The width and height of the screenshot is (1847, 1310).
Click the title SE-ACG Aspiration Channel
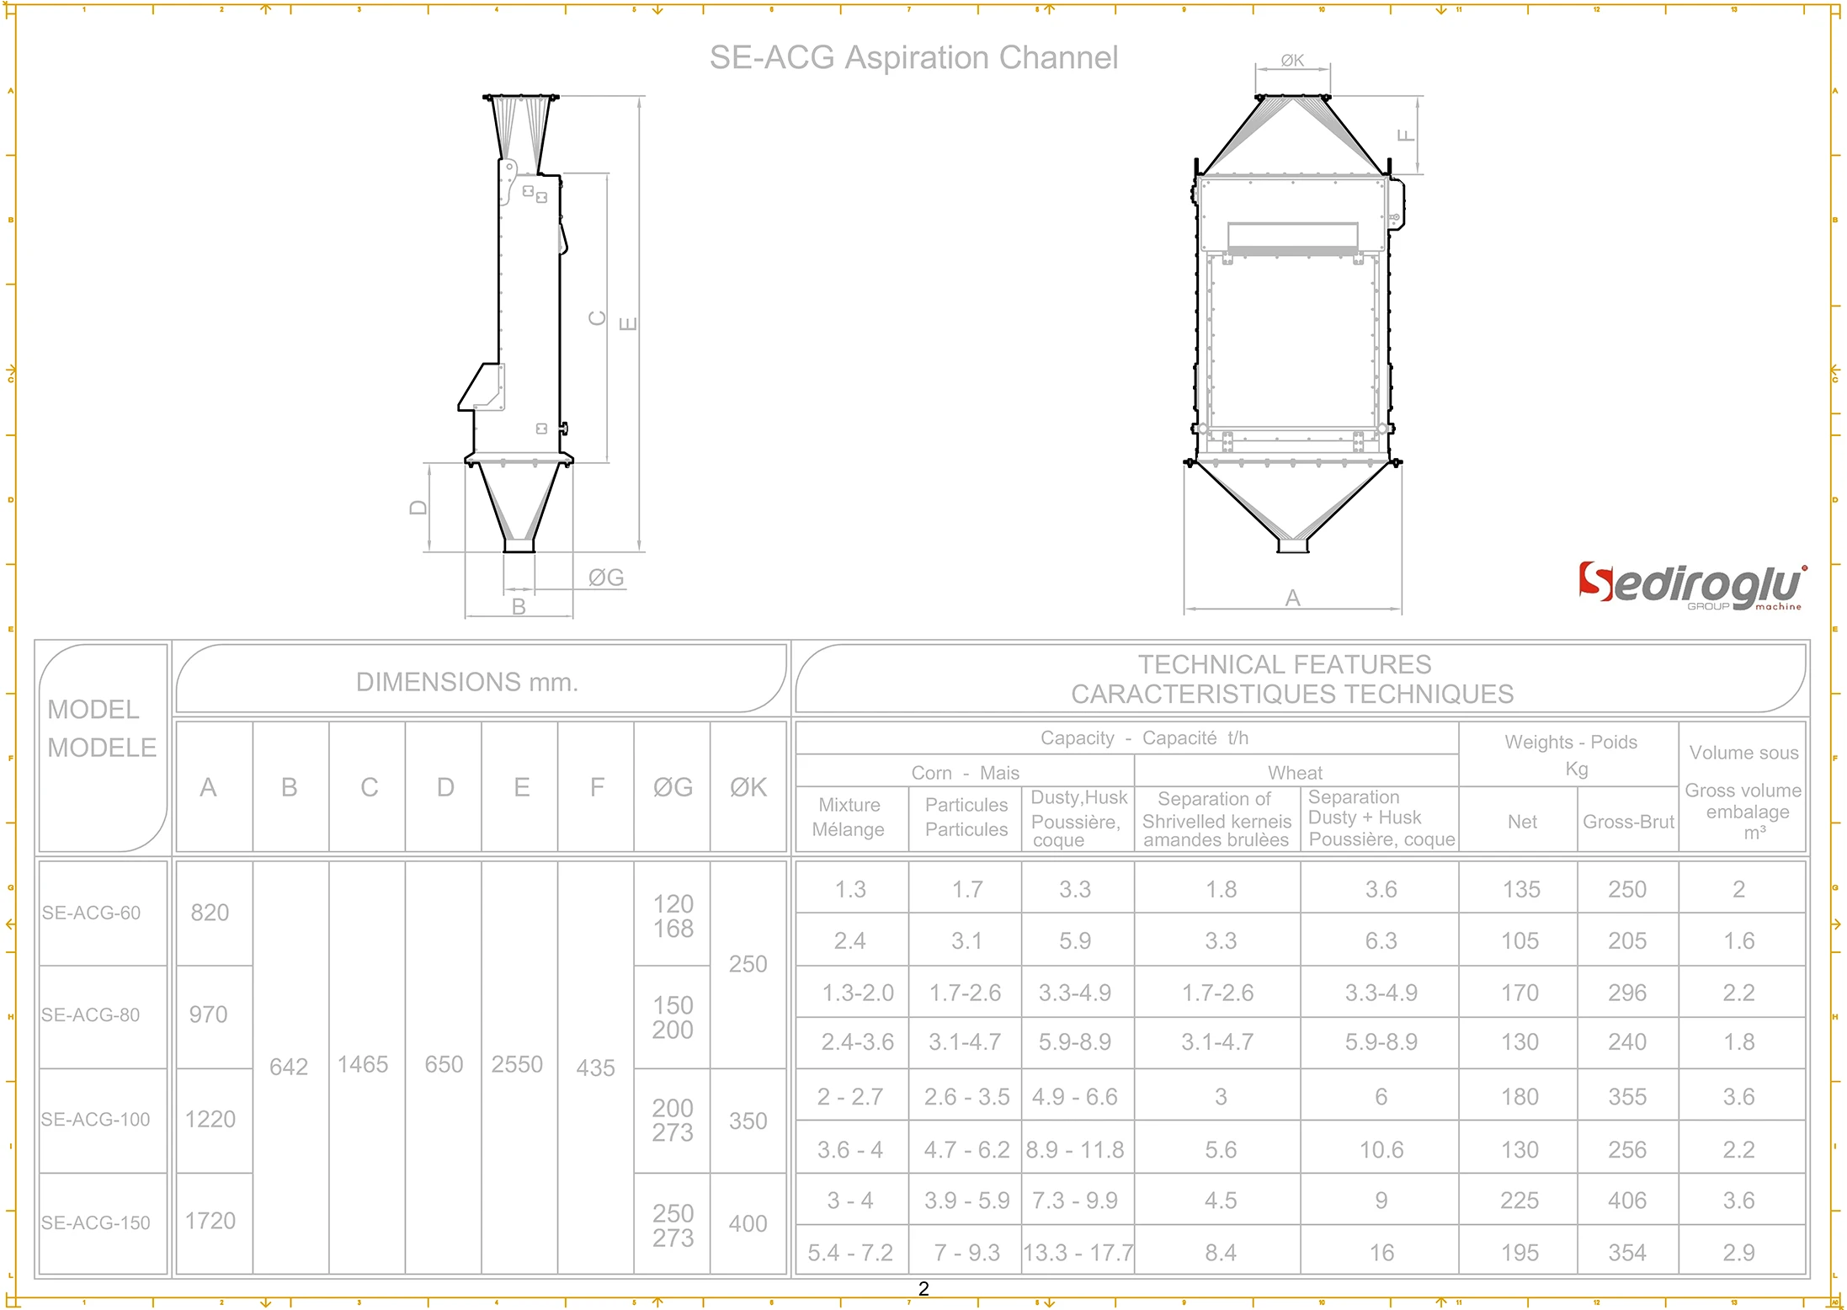pos(913,58)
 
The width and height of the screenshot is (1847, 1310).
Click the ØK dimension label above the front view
pos(1292,61)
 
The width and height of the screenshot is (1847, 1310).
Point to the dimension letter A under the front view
pos(1293,598)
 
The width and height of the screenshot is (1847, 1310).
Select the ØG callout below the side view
pos(606,578)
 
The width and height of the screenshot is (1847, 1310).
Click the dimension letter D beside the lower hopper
pos(418,508)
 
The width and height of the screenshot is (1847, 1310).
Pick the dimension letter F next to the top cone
pos(1405,136)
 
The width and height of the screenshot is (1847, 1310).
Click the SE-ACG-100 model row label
pos(96,1120)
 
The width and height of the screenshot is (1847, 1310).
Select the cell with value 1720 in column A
pos(210,1221)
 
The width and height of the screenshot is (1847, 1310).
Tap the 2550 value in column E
pos(517,1064)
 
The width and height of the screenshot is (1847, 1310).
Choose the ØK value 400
pos(748,1223)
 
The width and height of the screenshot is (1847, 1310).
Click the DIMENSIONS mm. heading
pos(467,682)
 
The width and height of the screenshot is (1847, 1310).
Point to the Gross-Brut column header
pos(1628,822)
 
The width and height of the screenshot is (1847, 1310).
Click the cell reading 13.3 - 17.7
pos(1078,1253)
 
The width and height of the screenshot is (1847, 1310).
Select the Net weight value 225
pos(1520,1201)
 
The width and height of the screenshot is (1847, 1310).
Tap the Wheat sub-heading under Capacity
pos(1295,772)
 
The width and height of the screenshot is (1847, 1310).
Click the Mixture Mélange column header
pos(849,817)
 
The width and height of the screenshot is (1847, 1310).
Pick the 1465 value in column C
pos(363,1064)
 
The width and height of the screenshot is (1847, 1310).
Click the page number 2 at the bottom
pos(923,1289)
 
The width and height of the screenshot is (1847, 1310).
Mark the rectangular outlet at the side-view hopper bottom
pos(519,546)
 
